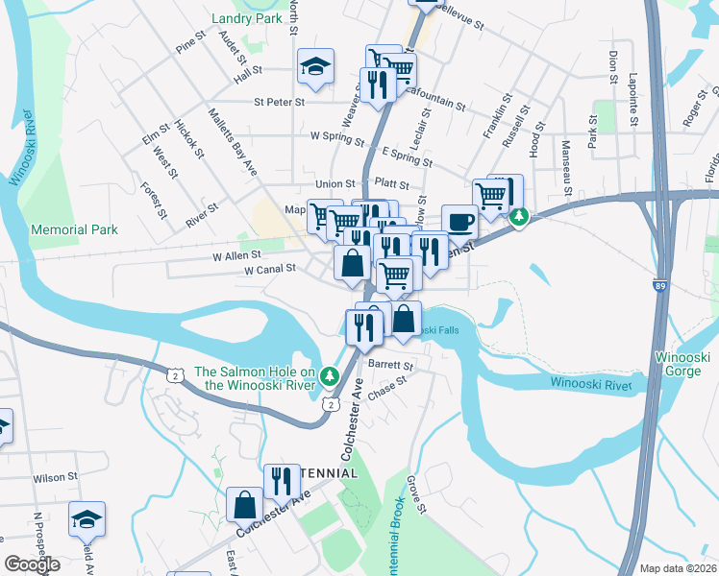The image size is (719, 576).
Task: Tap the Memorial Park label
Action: tap(74, 229)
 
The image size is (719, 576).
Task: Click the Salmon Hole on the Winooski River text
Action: tap(256, 379)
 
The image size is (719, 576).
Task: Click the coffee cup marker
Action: tap(459, 222)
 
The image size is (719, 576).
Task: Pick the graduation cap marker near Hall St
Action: tap(315, 66)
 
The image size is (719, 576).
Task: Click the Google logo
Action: tap(32, 564)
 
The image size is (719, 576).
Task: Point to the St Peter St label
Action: tap(279, 101)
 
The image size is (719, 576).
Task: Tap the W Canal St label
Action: tap(269, 270)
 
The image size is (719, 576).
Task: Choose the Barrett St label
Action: tap(394, 366)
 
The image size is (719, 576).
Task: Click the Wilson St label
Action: tap(55, 477)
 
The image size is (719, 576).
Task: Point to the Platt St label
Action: tap(392, 183)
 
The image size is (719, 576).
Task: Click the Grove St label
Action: tap(414, 494)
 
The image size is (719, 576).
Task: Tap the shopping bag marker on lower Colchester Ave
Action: tap(245, 503)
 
